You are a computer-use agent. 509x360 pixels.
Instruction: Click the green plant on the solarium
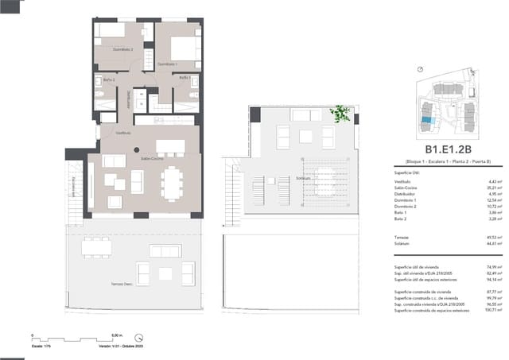coord(341,114)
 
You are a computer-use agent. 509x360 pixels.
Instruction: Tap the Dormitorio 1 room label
coord(167,64)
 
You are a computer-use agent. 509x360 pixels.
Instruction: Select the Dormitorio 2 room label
coord(121,49)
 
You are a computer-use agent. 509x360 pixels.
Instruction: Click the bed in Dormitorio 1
coord(184,48)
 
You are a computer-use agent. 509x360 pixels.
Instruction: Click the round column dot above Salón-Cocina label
coord(137,149)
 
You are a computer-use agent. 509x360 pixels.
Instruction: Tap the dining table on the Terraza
coord(96,247)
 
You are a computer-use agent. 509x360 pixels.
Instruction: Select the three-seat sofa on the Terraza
coord(165,251)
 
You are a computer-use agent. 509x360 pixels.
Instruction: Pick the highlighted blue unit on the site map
coord(428,120)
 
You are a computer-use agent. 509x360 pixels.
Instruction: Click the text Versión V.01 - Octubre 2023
coord(119,346)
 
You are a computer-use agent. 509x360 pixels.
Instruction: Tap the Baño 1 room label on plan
coord(184,78)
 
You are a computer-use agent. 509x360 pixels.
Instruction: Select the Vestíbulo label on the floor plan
coord(123,133)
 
